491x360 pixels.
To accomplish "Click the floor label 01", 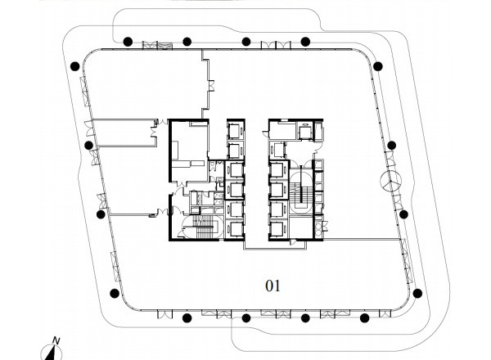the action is [x=273, y=286].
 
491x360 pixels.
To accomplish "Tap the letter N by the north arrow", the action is [x=56, y=340].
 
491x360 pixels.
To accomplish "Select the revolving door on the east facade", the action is [x=390, y=182].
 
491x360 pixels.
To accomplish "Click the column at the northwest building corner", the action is [x=74, y=66].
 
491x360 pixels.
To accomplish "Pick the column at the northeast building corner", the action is [x=378, y=66].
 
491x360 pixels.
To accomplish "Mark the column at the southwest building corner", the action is [x=115, y=294].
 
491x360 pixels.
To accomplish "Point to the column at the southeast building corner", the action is [x=417, y=294].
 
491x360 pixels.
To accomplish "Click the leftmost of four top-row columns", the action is [x=128, y=42].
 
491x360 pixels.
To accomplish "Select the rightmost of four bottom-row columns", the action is [x=364, y=318].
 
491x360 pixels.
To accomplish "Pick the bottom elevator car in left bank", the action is [x=235, y=229].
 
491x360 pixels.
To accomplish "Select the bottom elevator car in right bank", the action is [x=278, y=229].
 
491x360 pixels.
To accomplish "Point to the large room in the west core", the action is [x=189, y=151].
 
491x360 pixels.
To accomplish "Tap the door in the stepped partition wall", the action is [x=212, y=85].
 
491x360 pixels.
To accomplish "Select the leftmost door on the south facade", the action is [x=164, y=314].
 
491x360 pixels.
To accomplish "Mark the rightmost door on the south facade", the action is [x=385, y=313].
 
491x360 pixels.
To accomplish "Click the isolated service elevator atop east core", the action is [x=304, y=132].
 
